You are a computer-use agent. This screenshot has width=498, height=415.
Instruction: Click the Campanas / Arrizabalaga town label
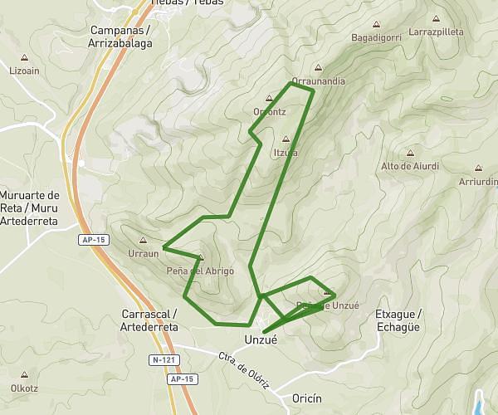tap(119, 37)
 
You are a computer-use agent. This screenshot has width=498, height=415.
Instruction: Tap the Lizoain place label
tap(24, 71)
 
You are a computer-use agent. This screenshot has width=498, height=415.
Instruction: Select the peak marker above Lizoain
tap(24, 59)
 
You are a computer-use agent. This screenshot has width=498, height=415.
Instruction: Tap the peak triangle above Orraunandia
tap(318, 70)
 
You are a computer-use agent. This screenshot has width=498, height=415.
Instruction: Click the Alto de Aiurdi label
tap(410, 166)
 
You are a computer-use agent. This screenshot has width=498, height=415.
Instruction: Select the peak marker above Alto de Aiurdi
tap(410, 154)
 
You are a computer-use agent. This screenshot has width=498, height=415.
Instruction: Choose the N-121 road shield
tap(166, 360)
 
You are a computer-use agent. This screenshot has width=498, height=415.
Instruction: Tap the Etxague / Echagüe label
tap(399, 320)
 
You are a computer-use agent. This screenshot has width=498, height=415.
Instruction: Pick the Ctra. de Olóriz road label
tap(242, 366)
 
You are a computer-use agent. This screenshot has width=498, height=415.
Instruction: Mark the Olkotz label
tap(24, 387)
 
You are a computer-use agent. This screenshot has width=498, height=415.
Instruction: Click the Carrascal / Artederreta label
tap(149, 320)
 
